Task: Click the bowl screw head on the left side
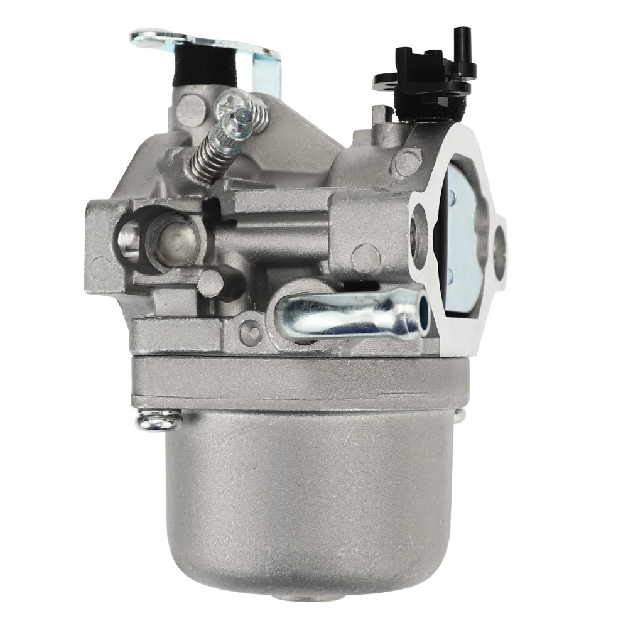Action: pos(157,420)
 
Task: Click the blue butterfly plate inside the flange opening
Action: pos(462,251)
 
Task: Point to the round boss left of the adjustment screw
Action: pos(191,111)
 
